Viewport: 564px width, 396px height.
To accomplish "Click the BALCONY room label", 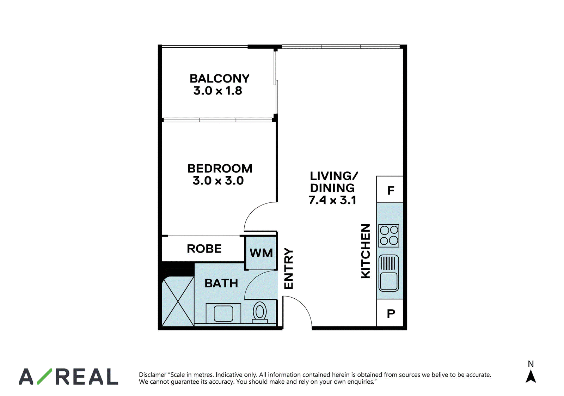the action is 219,78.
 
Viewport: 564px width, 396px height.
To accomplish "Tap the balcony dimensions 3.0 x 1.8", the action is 217,90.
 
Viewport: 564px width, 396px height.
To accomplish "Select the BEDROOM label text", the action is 220,169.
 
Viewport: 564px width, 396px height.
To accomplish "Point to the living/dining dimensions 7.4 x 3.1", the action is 332,200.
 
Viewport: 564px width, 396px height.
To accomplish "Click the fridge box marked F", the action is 390,189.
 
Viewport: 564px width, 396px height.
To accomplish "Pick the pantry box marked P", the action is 390,313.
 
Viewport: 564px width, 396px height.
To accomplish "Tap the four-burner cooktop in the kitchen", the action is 389,236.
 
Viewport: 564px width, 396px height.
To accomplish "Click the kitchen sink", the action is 388,273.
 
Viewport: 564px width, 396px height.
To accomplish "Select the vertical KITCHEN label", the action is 366,251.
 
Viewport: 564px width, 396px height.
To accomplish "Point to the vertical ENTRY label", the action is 289,269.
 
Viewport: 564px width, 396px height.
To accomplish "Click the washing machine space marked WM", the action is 261,253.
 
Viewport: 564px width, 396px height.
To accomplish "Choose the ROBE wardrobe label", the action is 204,249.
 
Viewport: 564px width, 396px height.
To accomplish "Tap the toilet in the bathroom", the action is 259,312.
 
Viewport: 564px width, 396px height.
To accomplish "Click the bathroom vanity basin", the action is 223,313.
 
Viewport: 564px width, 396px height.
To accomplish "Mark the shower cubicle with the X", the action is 178,301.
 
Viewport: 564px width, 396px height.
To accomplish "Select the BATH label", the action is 221,284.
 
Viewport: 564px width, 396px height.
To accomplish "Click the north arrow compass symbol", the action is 531,376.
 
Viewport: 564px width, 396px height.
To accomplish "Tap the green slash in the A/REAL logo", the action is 44,376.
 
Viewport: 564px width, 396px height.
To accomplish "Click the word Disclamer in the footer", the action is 152,374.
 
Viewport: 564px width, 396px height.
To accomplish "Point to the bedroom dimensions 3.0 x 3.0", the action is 218,181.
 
